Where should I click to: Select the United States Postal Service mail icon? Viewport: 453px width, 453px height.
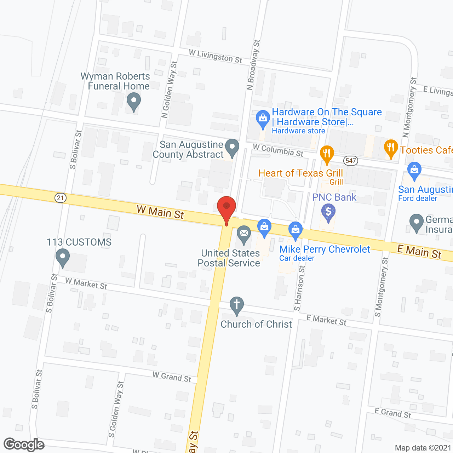(244, 234)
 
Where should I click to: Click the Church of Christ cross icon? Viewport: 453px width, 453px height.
(237, 305)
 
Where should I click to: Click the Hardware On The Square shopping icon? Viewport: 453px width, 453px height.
(263, 119)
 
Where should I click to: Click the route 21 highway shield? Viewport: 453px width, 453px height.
(61, 197)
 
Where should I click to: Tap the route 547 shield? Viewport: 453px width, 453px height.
(350, 161)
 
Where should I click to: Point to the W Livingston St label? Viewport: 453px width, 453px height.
(216, 57)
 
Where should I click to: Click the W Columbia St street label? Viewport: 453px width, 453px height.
(278, 150)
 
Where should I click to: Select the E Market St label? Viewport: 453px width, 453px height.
(326, 320)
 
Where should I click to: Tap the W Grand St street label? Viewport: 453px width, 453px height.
(172, 377)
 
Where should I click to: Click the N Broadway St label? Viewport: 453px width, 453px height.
(253, 65)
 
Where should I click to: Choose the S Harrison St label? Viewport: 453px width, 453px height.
(299, 288)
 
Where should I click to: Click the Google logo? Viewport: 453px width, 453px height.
(24, 445)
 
